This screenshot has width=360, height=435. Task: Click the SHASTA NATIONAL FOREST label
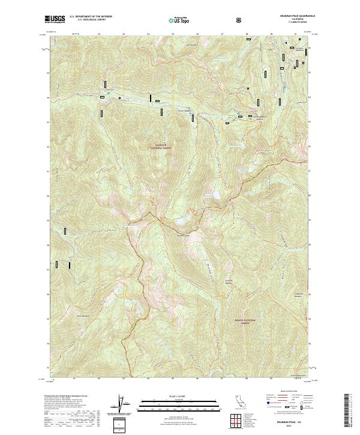pos(245,322)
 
